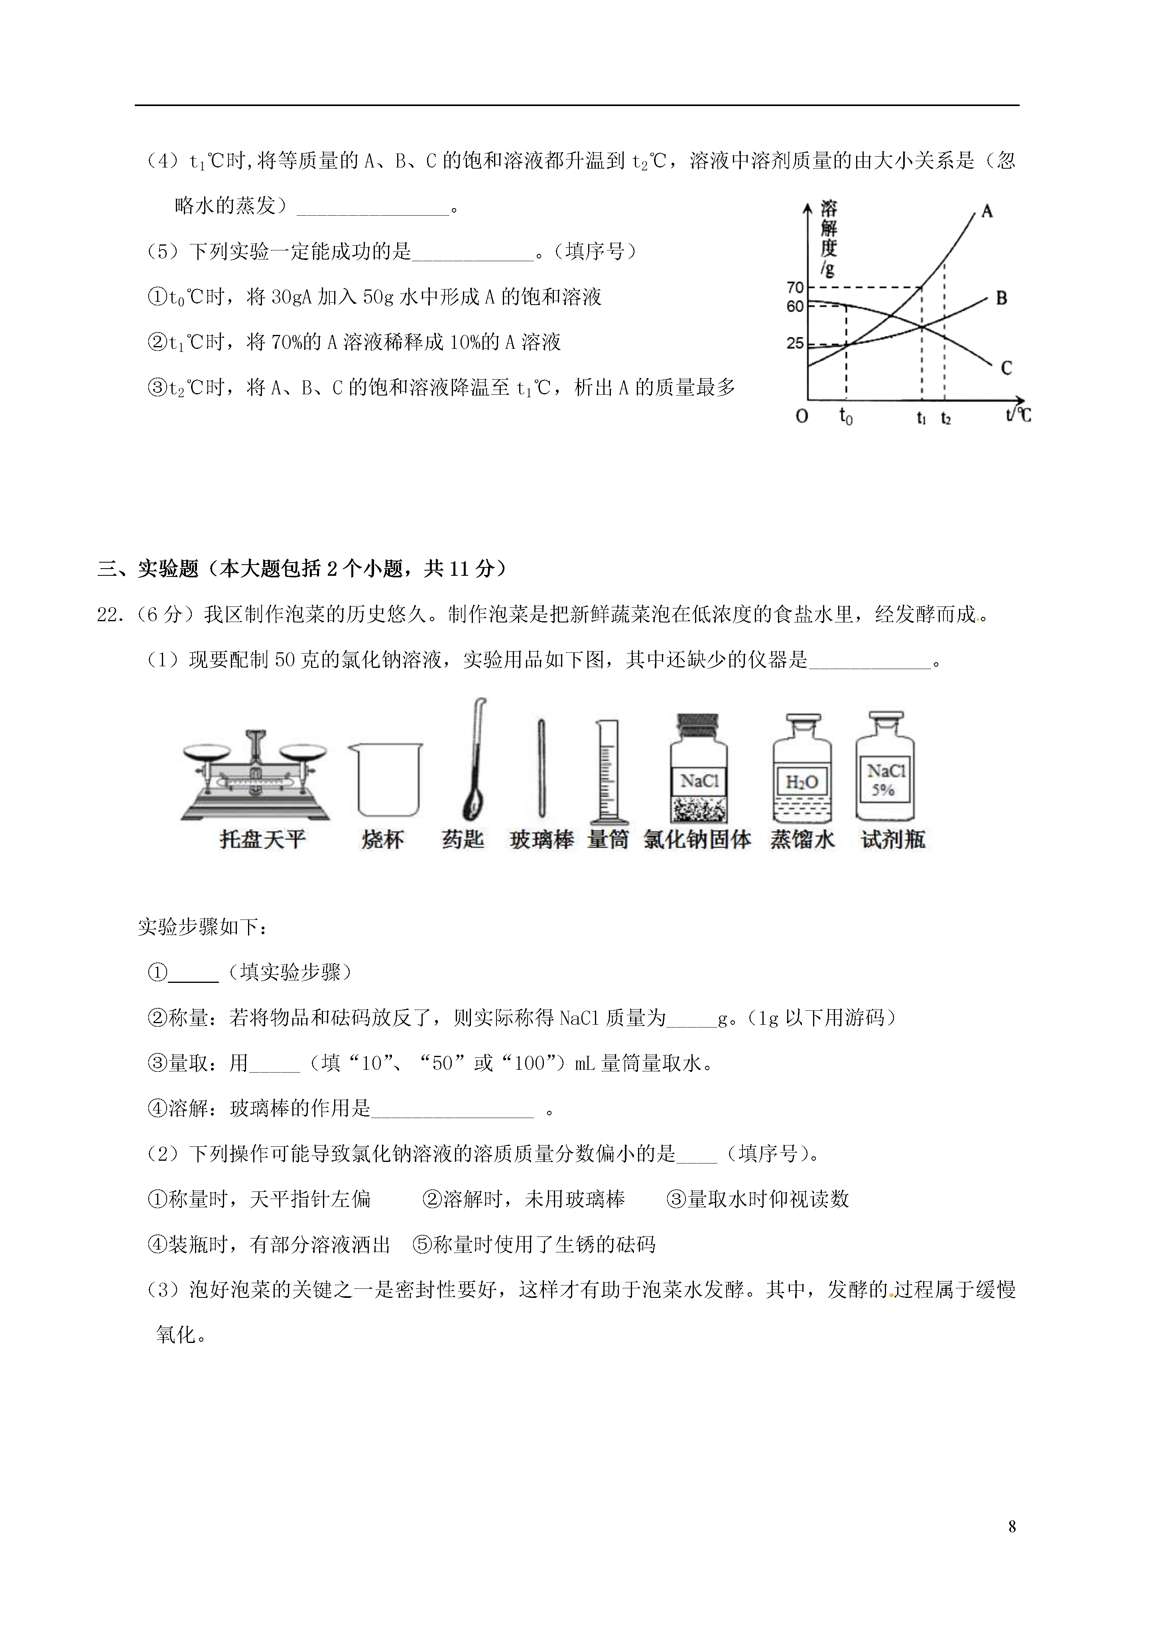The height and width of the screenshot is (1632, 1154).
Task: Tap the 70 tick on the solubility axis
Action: click(x=795, y=288)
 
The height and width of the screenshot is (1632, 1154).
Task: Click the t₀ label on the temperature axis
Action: click(x=845, y=417)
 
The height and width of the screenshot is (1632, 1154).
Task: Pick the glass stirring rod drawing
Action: click(x=542, y=768)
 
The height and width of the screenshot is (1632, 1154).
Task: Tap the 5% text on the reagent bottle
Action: click(x=884, y=790)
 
